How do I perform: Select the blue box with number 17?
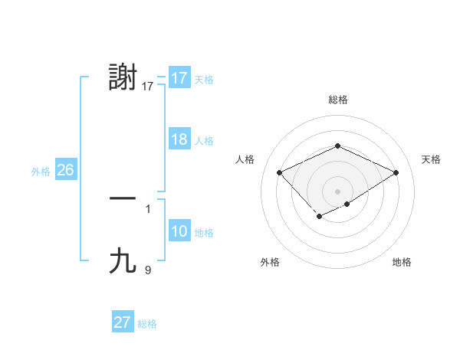click(x=179, y=78)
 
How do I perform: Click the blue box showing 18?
click(x=179, y=139)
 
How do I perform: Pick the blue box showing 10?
click(x=179, y=231)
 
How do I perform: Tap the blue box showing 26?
click(x=65, y=170)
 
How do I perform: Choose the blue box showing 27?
click(x=123, y=322)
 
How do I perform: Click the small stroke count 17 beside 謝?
click(x=148, y=87)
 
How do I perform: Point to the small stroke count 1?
click(x=148, y=208)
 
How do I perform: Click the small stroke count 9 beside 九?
click(x=148, y=270)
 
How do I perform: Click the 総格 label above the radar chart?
click(x=337, y=100)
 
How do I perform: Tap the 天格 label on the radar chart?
click(x=432, y=159)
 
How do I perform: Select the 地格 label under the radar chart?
click(x=402, y=263)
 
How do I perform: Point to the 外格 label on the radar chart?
click(x=270, y=263)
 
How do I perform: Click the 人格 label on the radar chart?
click(x=245, y=159)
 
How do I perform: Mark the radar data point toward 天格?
click(x=396, y=172)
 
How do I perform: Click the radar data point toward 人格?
click(x=280, y=172)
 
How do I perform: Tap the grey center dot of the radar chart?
click(x=337, y=191)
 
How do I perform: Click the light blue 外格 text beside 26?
click(x=41, y=172)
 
